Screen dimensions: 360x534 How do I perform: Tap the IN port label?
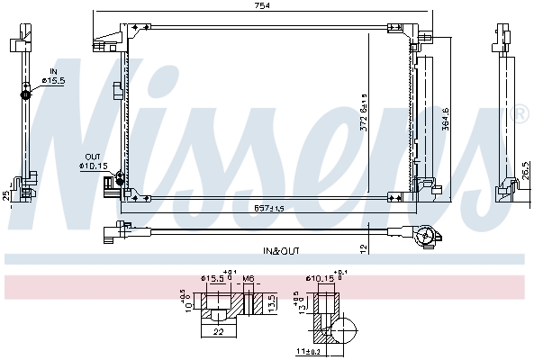pyautogui.click(x=53, y=70)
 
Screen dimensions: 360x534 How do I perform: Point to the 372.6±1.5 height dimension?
pyautogui.click(x=364, y=112)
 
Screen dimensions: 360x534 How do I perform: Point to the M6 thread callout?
pyautogui.click(x=248, y=279)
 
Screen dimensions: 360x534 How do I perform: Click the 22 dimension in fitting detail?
pyautogui.click(x=218, y=332)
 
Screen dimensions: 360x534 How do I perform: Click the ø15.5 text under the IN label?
pyautogui.click(x=55, y=81)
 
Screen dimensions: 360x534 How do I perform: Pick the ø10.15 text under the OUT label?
pyautogui.click(x=93, y=166)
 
